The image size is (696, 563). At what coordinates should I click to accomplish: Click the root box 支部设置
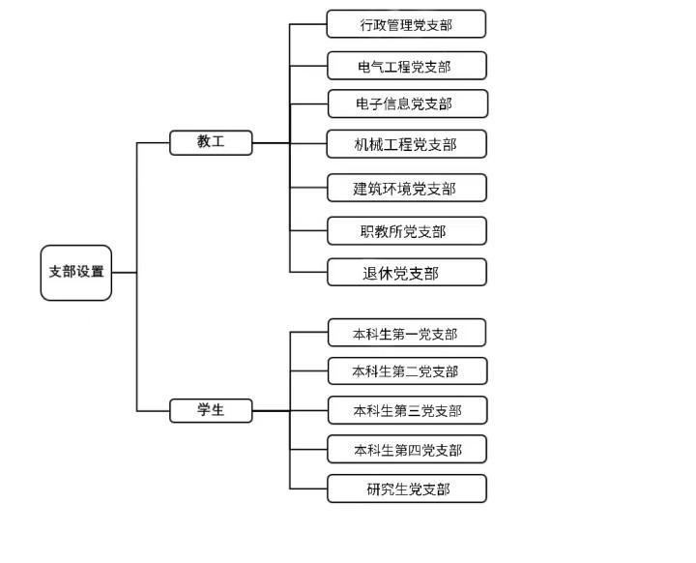pos(76,272)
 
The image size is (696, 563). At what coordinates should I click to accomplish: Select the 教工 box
pos(211,142)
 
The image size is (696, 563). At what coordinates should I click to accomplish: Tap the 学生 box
pos(211,410)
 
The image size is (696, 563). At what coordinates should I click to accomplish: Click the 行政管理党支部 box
pos(406,25)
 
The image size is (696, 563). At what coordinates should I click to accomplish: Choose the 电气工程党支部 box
pos(406,66)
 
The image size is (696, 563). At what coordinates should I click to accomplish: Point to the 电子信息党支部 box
pos(406,104)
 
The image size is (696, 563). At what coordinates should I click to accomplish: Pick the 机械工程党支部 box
pos(406,144)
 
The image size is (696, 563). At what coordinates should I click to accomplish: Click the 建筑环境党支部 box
pos(406,188)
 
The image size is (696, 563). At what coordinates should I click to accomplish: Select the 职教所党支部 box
pos(406,231)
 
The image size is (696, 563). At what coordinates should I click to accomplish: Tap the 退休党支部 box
pos(406,273)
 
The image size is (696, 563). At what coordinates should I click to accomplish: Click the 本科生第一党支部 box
pos(406,334)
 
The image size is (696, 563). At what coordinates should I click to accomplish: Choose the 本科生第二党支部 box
pos(406,370)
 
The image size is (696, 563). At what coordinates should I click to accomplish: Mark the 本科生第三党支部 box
pos(406,410)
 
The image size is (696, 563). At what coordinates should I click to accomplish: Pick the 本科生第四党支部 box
pos(406,450)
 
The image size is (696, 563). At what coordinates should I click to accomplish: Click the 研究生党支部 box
pos(406,489)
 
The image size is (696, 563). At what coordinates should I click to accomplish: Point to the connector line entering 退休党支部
pos(308,273)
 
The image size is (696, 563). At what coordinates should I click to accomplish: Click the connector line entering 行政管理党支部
pos(308,25)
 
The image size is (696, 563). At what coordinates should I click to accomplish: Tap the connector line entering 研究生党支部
pos(308,489)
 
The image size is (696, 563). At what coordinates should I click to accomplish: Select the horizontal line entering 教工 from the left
pos(153,143)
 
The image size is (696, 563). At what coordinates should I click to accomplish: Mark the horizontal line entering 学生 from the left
pos(153,411)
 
